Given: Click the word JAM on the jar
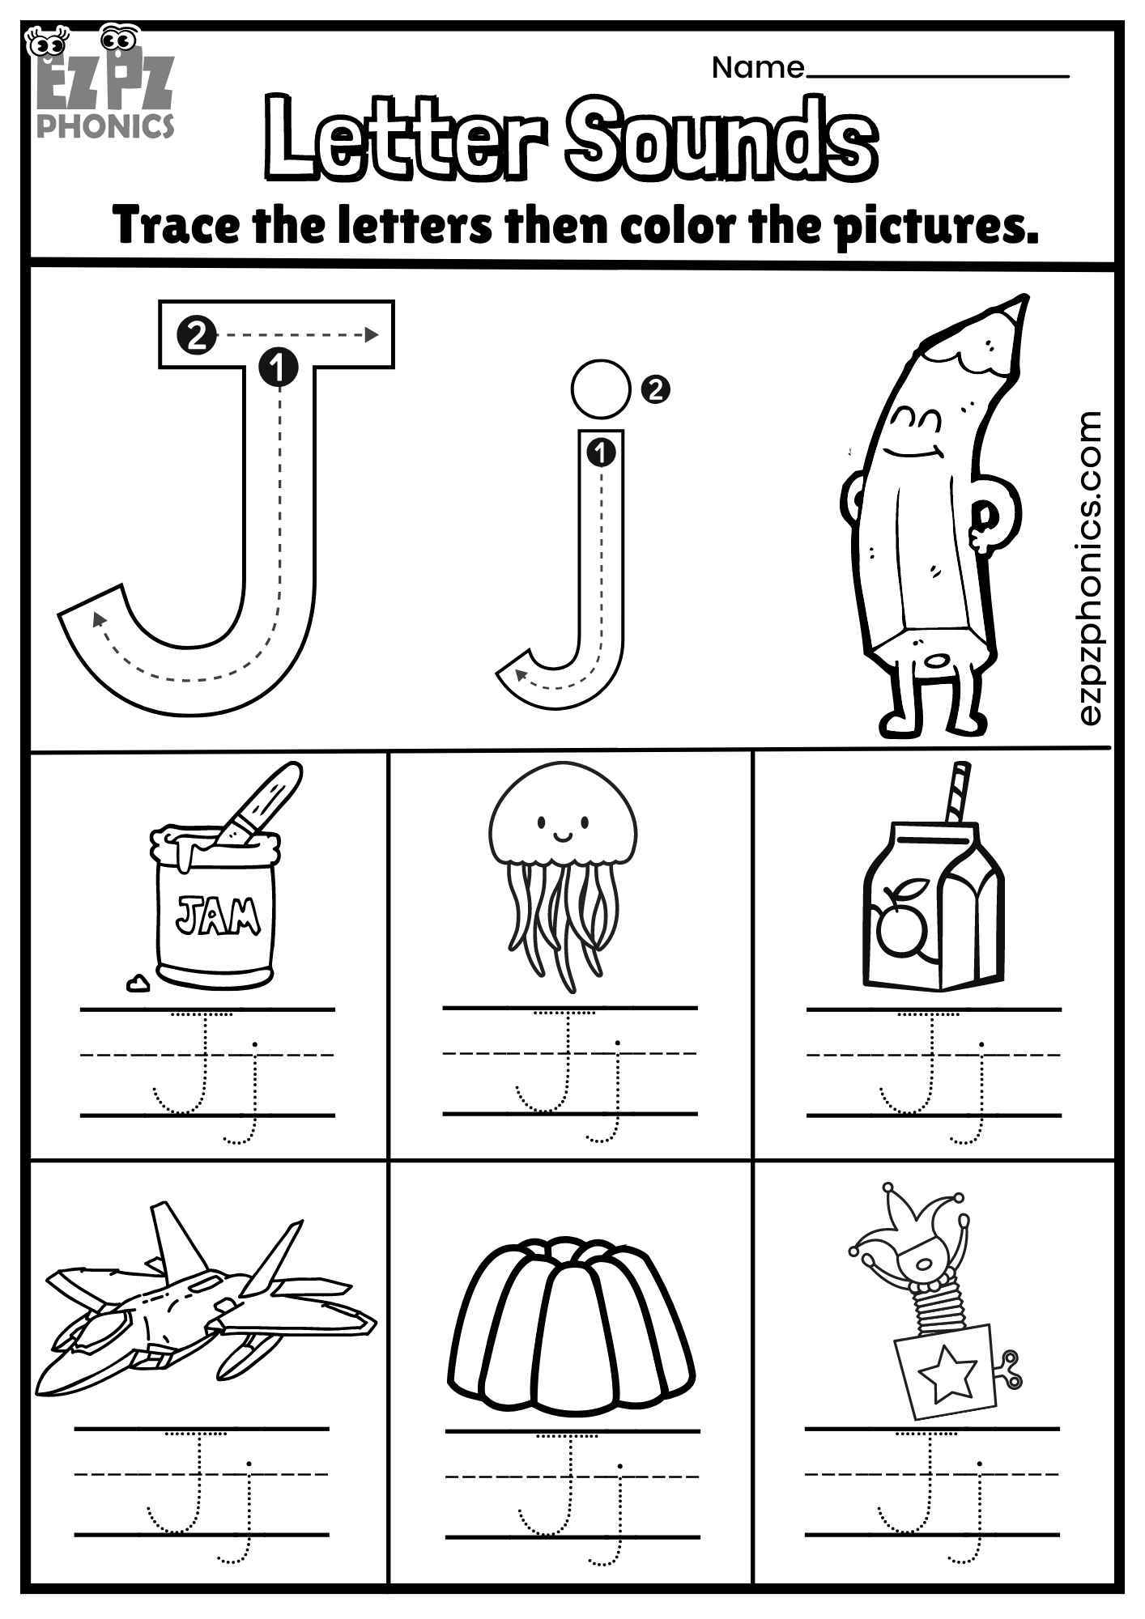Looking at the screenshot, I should (x=218, y=916).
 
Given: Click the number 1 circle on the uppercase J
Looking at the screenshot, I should (x=279, y=368).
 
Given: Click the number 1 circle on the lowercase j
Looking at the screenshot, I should (x=600, y=453).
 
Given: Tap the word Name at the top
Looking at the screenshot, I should (x=758, y=68).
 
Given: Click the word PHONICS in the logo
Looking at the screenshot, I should (x=105, y=125).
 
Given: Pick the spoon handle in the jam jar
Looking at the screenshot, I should (x=266, y=798).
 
